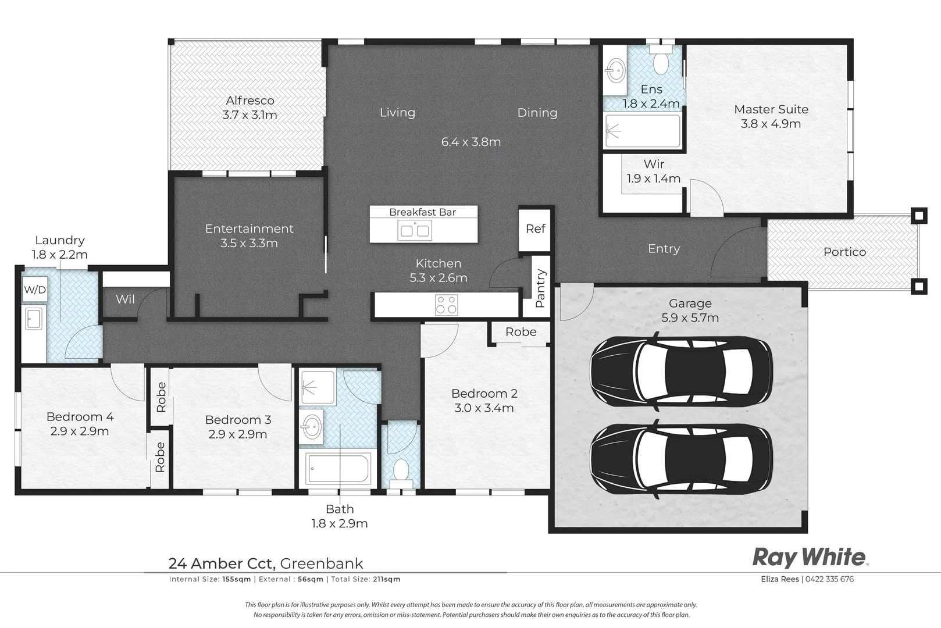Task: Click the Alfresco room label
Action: pyautogui.click(x=250, y=101)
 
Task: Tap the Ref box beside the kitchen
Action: pyautogui.click(x=535, y=229)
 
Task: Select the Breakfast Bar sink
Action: pyautogui.click(x=415, y=230)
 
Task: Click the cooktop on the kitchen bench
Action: pyautogui.click(x=446, y=305)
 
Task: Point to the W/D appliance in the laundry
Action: pyautogui.click(x=34, y=290)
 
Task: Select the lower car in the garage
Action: pyautogui.click(x=681, y=459)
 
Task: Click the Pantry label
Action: pyautogui.click(x=540, y=288)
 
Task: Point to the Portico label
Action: pyautogui.click(x=844, y=252)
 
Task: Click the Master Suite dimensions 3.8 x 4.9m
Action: pyautogui.click(x=771, y=124)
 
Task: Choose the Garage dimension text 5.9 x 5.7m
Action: pyautogui.click(x=690, y=318)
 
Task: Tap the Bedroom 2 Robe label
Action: pyautogui.click(x=521, y=332)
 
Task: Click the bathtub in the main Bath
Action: pyautogui.click(x=338, y=468)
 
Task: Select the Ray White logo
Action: pyautogui.click(x=810, y=558)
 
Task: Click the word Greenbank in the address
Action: pyautogui.click(x=321, y=563)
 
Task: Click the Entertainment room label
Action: pyautogui.click(x=249, y=229)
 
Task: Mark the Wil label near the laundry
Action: pyautogui.click(x=125, y=299)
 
